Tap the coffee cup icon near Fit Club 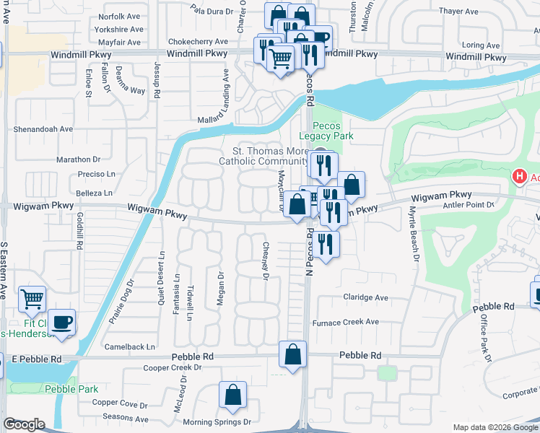coord(61,322)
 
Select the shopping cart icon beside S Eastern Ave coord(31,299)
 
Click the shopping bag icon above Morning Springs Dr coord(232,395)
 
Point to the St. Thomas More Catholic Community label coord(264,156)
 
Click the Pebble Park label coord(71,389)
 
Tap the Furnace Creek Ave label coord(345,322)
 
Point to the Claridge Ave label coord(365,297)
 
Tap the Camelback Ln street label coord(129,346)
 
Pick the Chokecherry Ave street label coord(197,42)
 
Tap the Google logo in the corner coord(24,424)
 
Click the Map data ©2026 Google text coord(495,427)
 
